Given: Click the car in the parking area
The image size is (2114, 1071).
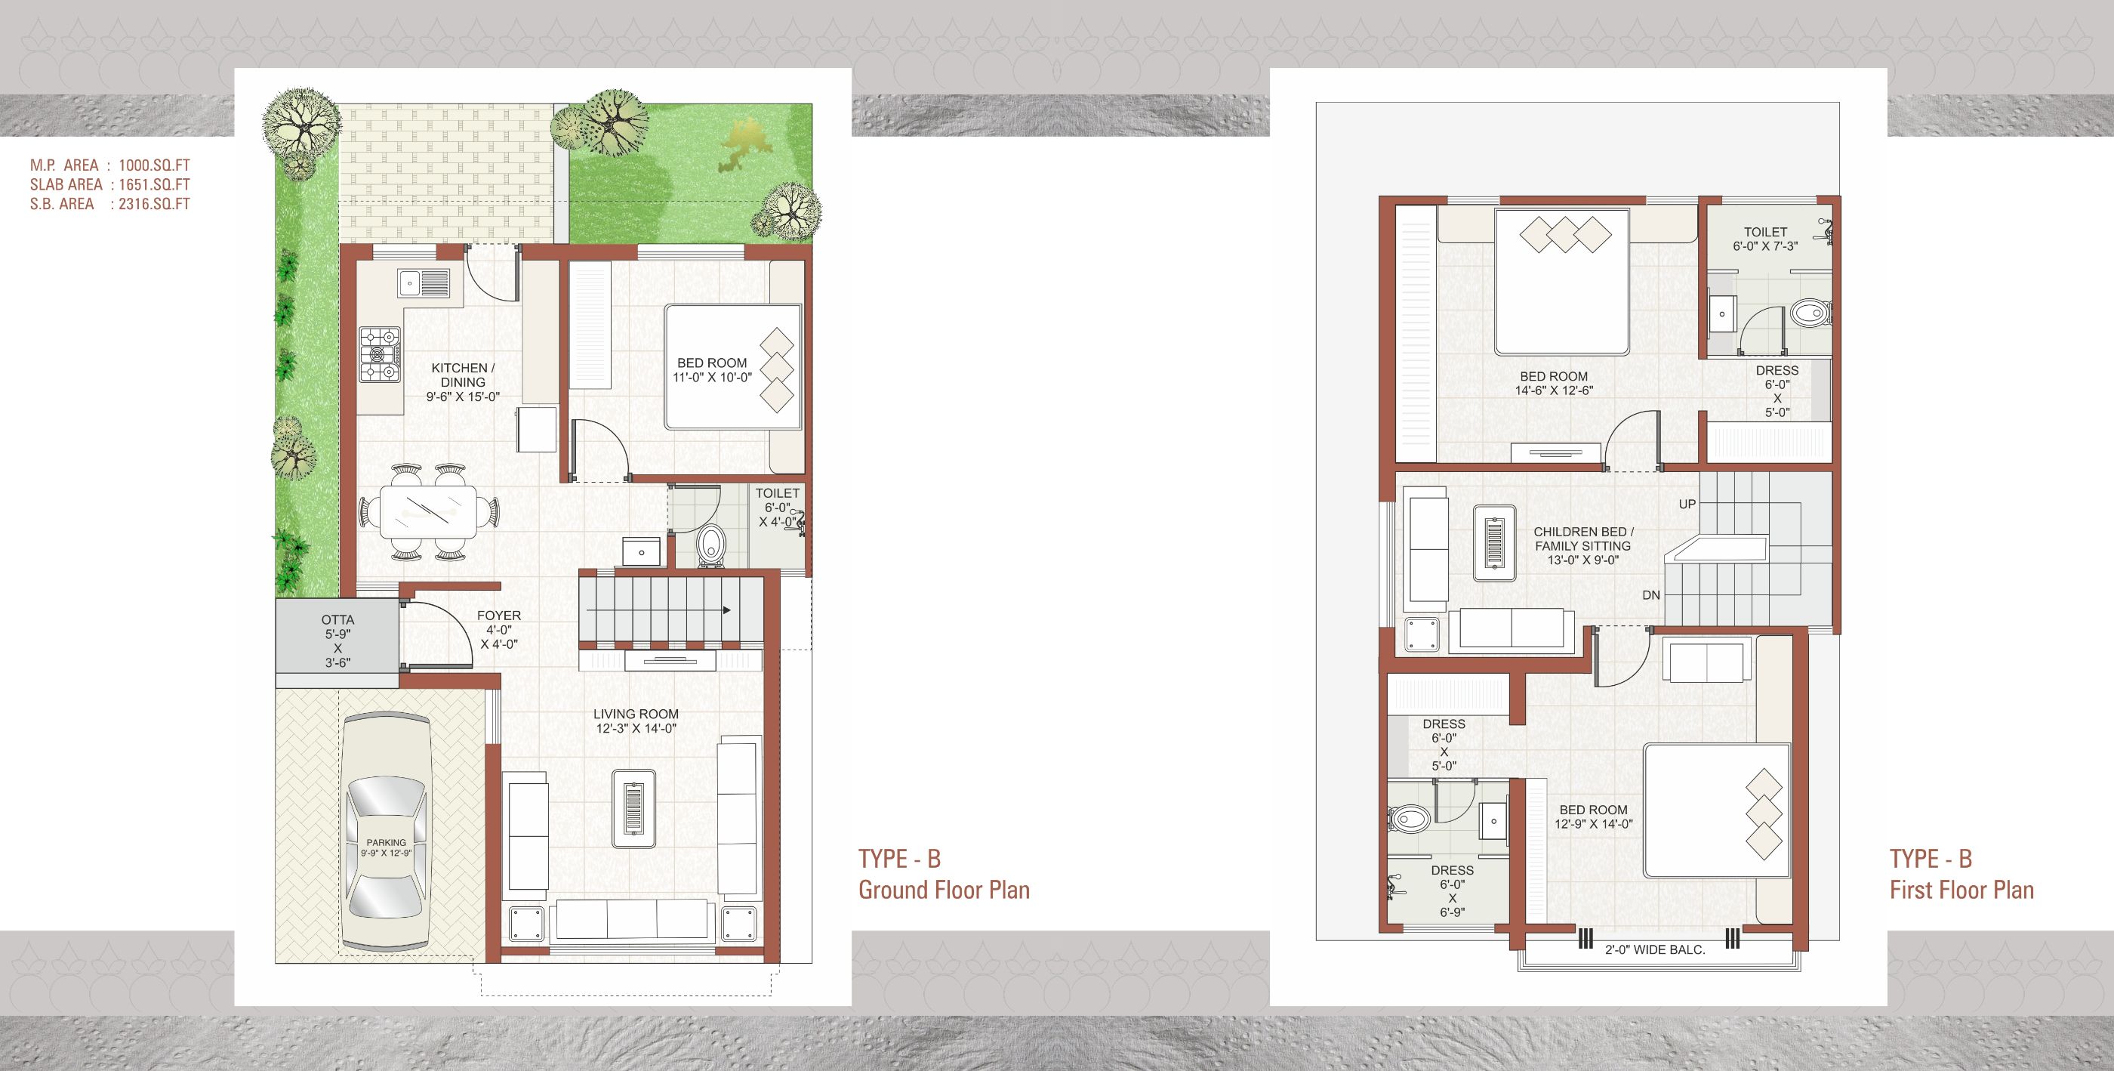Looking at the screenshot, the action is [x=387, y=835].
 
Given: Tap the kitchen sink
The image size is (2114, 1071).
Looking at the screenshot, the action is [x=424, y=282].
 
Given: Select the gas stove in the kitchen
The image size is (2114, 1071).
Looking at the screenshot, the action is [x=380, y=354].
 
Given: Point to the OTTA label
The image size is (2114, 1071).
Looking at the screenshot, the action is [x=337, y=619].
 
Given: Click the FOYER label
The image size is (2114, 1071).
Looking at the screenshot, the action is [x=499, y=616].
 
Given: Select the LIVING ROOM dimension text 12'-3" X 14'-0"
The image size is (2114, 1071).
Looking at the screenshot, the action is [x=636, y=728].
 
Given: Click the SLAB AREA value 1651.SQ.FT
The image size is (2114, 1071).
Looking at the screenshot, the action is [x=154, y=184].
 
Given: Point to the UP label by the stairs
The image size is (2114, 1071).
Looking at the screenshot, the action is [x=1687, y=504].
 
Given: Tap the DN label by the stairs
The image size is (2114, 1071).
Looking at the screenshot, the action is [x=1652, y=595].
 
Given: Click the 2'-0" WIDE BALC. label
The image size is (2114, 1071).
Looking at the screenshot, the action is [x=1655, y=949].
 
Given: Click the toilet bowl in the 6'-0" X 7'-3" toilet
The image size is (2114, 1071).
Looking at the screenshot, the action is [x=1810, y=312].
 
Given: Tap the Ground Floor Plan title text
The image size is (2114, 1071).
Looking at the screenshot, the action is [x=944, y=890].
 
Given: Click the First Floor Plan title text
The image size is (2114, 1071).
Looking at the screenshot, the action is [x=1962, y=890].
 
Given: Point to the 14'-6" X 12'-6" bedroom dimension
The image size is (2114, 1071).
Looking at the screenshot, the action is [x=1555, y=390].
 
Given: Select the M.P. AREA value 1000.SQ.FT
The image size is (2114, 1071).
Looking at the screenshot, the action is [x=154, y=165].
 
